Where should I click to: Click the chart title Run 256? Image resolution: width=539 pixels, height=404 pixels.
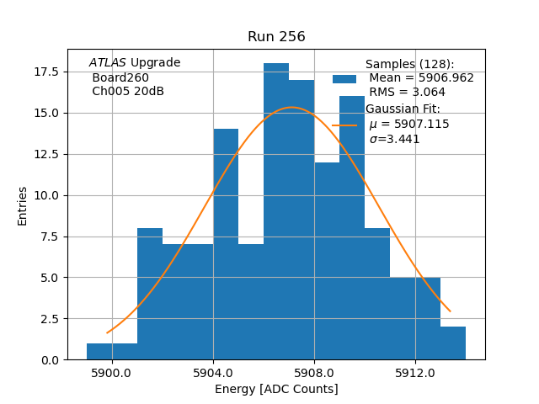[x=276, y=37]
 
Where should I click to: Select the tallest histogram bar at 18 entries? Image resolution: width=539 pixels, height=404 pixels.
[x=276, y=210]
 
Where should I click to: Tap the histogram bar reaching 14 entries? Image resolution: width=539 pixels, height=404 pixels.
[x=226, y=244]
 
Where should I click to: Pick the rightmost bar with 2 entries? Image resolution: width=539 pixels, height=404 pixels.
[x=452, y=343]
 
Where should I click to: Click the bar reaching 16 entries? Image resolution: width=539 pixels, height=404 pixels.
[x=352, y=227]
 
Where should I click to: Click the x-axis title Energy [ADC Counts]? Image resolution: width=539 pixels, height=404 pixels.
[x=276, y=389]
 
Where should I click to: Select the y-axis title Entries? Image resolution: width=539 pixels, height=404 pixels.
[x=23, y=205]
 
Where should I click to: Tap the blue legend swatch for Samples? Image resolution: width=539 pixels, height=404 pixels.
[x=344, y=79]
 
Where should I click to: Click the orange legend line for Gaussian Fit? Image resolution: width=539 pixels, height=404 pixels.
[x=344, y=125]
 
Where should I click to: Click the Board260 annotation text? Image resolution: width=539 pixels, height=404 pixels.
[x=120, y=77]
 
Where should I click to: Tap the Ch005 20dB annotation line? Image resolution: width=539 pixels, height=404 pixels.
[x=128, y=92]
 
